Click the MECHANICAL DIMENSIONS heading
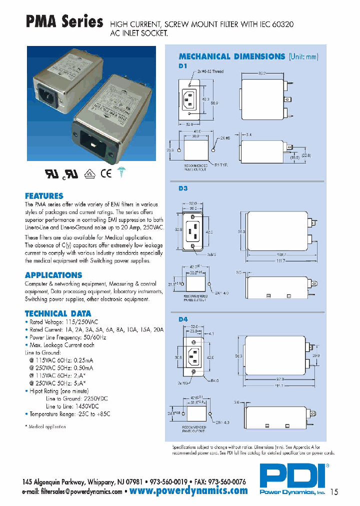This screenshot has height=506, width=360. coord(231,56)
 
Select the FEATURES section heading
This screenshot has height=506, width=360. coord(44,195)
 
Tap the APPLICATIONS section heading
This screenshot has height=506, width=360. coord(53,275)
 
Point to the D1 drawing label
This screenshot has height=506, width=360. coord(182,65)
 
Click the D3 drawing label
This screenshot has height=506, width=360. coord(182,189)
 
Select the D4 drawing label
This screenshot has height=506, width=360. coord(182,318)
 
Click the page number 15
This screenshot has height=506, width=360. coord(334,492)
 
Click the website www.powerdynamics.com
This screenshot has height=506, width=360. coord(188,490)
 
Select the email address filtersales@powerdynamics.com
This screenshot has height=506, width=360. coord(72,491)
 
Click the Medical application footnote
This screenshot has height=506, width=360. coord(45,426)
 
